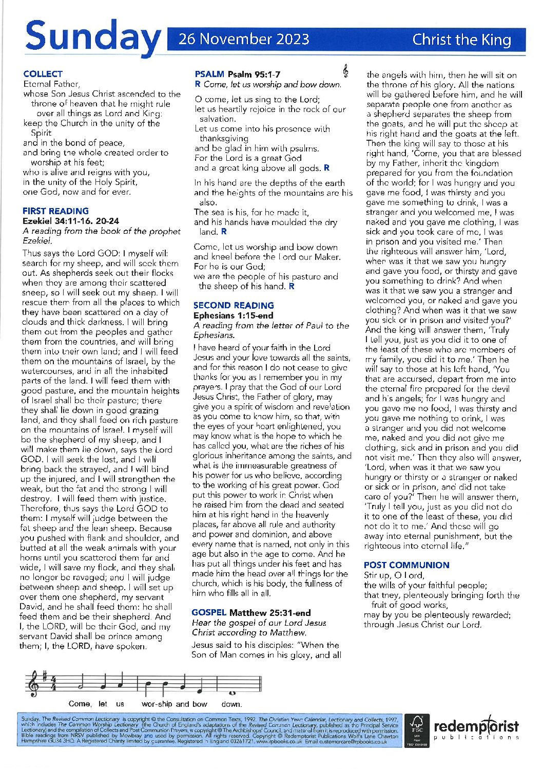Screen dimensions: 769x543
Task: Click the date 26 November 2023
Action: (x=244, y=40)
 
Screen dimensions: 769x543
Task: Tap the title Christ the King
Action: (x=461, y=40)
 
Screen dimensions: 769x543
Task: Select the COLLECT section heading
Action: (x=43, y=74)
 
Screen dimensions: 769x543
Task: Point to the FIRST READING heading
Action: (x=55, y=211)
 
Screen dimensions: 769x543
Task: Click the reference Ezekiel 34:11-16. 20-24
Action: (x=71, y=221)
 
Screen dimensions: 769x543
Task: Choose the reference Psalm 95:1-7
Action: (x=254, y=74)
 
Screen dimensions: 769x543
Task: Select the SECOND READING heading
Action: (x=234, y=305)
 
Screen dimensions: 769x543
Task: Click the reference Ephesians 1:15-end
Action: (x=234, y=315)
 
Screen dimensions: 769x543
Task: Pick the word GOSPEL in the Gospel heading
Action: (x=209, y=613)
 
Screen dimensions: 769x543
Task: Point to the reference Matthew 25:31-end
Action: (x=270, y=613)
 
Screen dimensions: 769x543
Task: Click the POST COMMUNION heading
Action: (x=406, y=565)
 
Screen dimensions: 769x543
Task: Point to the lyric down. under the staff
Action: (x=231, y=704)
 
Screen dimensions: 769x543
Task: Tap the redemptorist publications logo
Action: (x=476, y=728)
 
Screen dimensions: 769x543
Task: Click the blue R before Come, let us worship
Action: (x=198, y=84)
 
